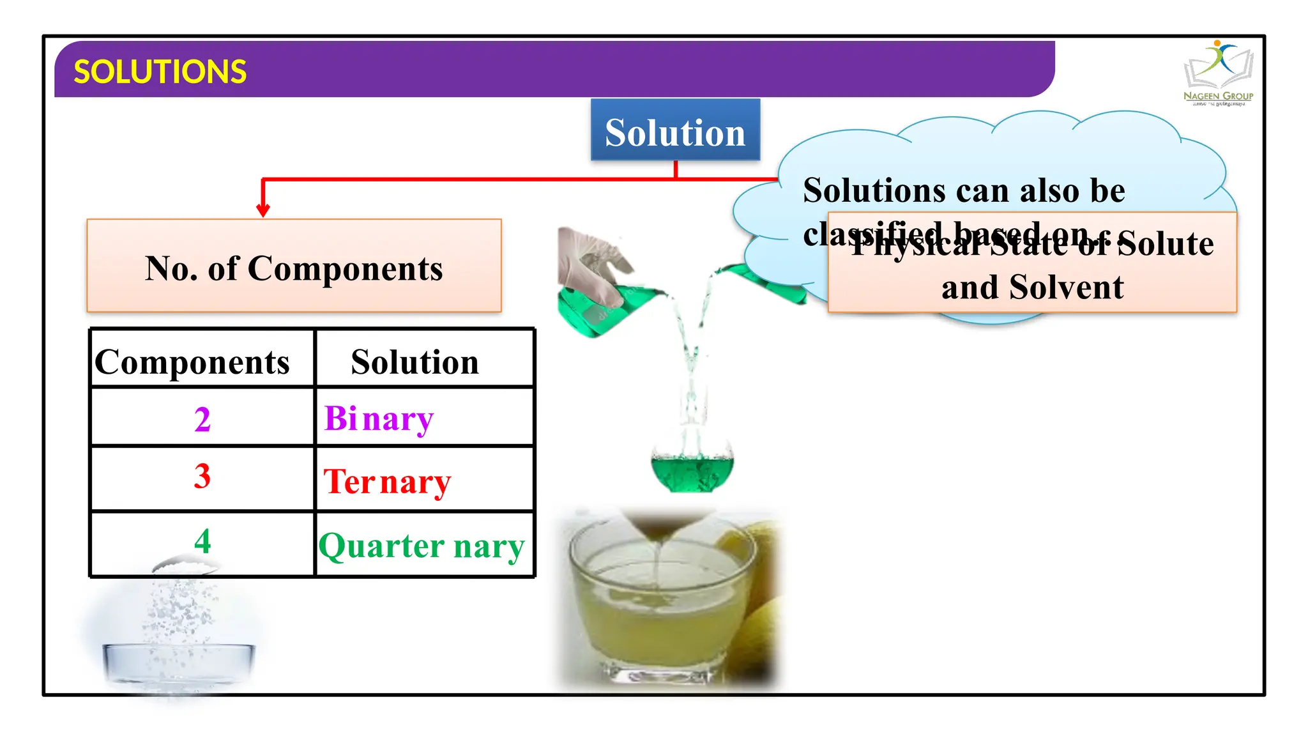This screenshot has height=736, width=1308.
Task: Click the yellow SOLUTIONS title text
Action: point(160,72)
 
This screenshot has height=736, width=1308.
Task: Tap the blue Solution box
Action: point(675,130)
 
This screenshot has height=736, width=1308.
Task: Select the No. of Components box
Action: point(294,266)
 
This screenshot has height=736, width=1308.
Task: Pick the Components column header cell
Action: point(192,362)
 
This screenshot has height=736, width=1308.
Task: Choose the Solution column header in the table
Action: point(414,362)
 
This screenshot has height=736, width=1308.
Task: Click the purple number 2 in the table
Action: point(202,420)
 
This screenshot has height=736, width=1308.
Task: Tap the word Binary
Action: point(379,420)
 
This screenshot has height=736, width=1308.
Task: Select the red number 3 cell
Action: point(202,477)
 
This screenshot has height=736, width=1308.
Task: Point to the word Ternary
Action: point(387,482)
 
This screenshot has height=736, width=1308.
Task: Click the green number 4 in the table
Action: point(202,541)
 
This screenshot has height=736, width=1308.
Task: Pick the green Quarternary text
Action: point(422,547)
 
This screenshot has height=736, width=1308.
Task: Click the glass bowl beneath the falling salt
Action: point(179,664)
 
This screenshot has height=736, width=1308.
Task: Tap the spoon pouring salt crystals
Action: point(185,565)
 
